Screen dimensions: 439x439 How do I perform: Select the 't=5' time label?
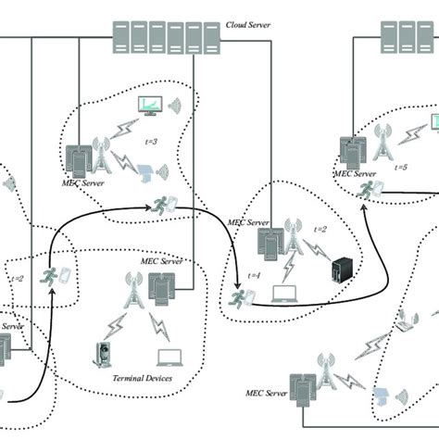pos(401,168)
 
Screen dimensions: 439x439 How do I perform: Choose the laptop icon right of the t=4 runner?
pos(282,295)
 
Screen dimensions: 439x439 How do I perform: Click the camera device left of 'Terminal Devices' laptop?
pos(103,355)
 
